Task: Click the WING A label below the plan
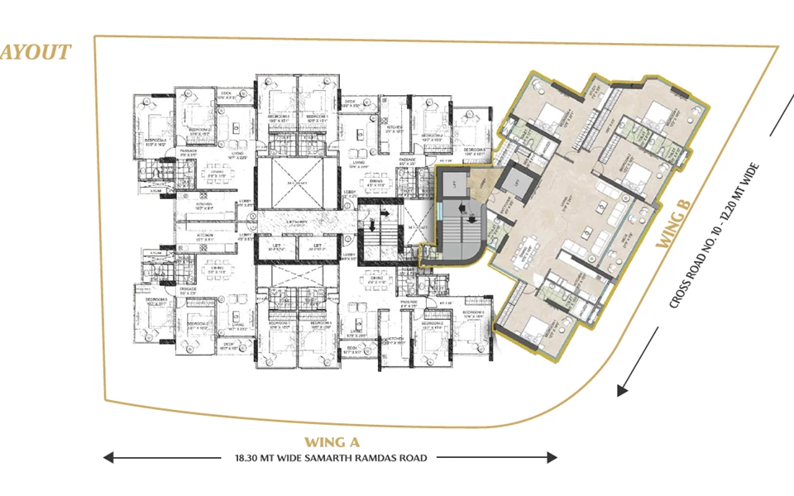pos(332,441)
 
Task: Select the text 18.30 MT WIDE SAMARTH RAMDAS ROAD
pos(331,457)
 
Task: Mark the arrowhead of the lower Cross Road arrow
pos(622,389)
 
